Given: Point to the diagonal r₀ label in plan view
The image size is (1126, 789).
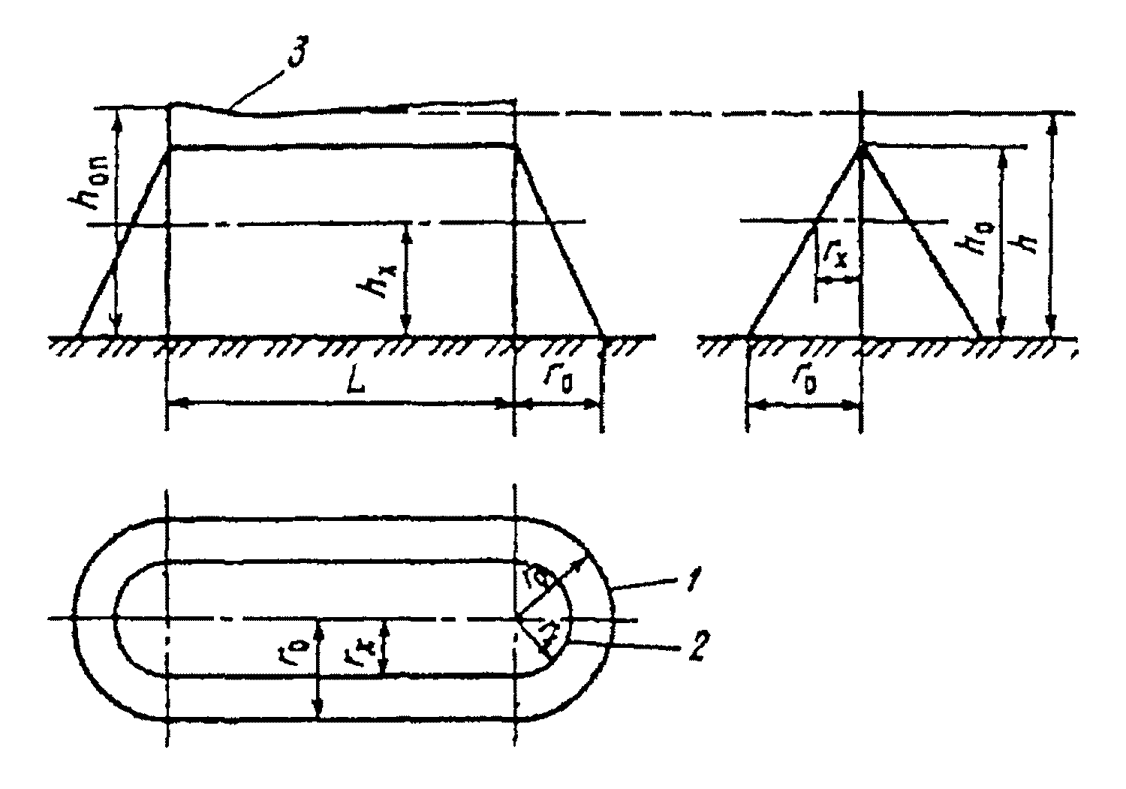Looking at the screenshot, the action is coord(538,582).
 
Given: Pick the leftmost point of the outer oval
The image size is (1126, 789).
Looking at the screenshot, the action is coord(74,618).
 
